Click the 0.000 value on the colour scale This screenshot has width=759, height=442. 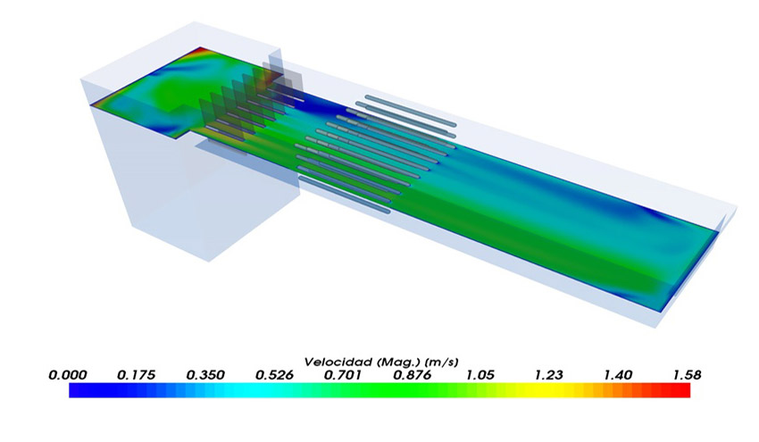coord(68,375)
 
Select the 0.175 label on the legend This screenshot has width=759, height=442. coord(137,375)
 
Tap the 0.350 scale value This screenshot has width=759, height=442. coord(205,375)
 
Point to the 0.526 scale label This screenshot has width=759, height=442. coord(274,375)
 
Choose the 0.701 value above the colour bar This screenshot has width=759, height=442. coord(343,375)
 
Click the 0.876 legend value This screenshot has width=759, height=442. coord(412,375)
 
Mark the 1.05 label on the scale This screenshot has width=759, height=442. coord(480,375)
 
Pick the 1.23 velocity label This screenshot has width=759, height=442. coord(549,375)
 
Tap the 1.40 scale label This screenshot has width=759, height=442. coord(618,375)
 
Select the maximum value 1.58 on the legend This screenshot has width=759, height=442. coord(687,375)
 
